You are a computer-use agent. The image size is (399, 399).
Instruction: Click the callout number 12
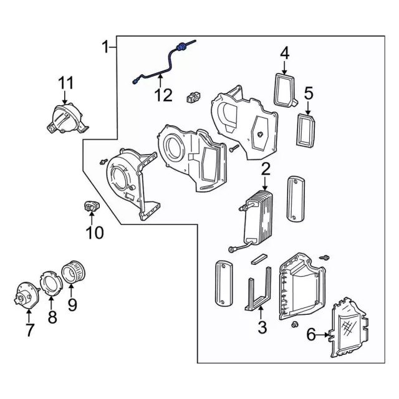click(x=163, y=95)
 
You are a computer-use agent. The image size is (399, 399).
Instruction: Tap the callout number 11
click(x=65, y=83)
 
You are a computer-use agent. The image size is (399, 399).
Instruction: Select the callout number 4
click(x=284, y=53)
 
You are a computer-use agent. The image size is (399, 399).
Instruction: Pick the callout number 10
click(x=95, y=233)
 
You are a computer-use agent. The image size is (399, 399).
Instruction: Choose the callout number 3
click(x=262, y=326)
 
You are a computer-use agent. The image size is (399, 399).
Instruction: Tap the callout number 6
click(x=310, y=335)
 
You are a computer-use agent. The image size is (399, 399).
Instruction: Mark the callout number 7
click(x=29, y=330)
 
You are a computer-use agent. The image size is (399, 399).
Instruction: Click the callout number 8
click(x=52, y=317)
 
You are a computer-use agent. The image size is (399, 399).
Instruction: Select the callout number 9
click(x=72, y=305)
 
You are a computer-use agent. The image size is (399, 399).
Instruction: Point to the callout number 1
click(x=107, y=46)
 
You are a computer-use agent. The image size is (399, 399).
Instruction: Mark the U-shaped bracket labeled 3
click(x=257, y=290)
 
